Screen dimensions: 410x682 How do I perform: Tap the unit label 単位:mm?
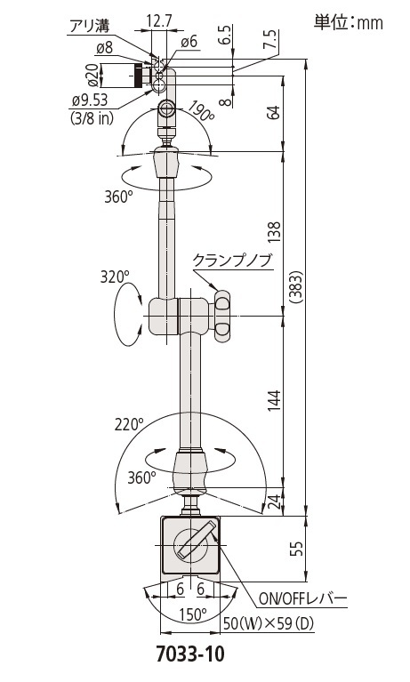click(x=349, y=22)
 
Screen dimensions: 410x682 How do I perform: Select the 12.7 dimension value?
click(x=160, y=20)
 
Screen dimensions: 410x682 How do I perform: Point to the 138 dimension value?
click(x=275, y=233)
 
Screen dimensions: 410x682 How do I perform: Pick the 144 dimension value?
click(x=275, y=402)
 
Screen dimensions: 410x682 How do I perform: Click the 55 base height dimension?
click(x=297, y=549)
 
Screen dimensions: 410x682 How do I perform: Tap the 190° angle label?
click(x=201, y=112)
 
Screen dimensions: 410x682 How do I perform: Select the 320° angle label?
click(x=116, y=277)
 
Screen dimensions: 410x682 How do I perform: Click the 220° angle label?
click(x=129, y=423)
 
